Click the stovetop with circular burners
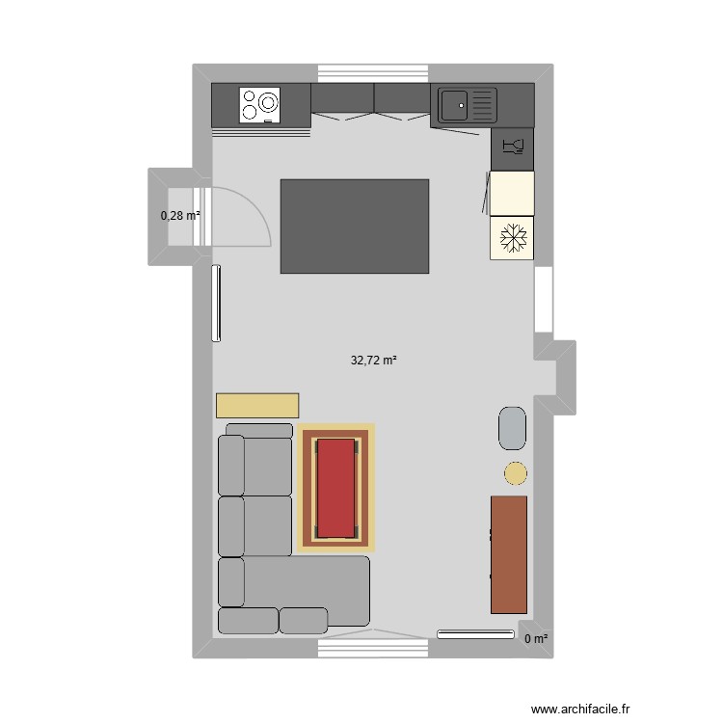(x=260, y=104)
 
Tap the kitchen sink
(x=468, y=104)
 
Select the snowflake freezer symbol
(x=512, y=237)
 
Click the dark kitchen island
(x=355, y=227)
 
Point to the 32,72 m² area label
(x=374, y=361)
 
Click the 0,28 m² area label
(x=180, y=215)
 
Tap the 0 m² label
(x=536, y=638)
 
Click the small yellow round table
(x=516, y=472)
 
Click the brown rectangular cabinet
(x=509, y=554)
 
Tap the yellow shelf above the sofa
(x=257, y=405)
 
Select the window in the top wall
(x=372, y=73)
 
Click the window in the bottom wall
(x=372, y=649)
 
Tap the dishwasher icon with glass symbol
(x=512, y=148)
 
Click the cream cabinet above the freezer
(x=512, y=193)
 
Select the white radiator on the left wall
(x=217, y=304)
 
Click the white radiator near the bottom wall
(x=475, y=634)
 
